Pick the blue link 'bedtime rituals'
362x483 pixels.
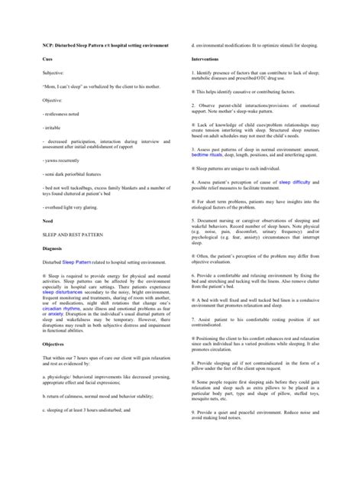pos(211,153)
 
